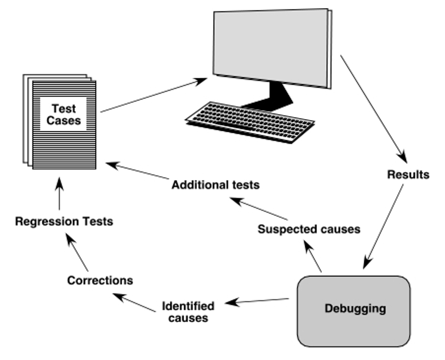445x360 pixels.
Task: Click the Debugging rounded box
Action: click(x=353, y=311)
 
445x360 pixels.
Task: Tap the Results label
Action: click(x=408, y=175)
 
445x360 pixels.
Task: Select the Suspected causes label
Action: click(x=309, y=229)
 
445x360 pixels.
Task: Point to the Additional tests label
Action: click(x=216, y=185)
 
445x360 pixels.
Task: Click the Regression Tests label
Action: click(x=64, y=221)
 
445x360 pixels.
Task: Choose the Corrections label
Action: click(x=100, y=281)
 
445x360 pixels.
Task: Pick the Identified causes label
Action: click(x=188, y=312)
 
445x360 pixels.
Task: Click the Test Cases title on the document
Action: click(x=64, y=115)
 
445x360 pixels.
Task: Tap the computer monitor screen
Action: click(x=271, y=48)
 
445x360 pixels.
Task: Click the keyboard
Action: click(x=250, y=122)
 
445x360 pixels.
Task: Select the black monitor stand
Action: click(x=270, y=96)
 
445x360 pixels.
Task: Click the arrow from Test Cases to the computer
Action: click(x=154, y=95)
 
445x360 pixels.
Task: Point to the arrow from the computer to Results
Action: click(x=374, y=109)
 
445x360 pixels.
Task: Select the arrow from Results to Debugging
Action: click(x=383, y=226)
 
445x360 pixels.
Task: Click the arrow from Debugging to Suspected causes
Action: click(x=313, y=256)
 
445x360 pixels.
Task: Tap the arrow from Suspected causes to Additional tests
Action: click(x=259, y=209)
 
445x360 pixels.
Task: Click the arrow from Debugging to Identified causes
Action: click(x=257, y=301)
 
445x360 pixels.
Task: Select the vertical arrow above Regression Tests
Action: click(x=59, y=194)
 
